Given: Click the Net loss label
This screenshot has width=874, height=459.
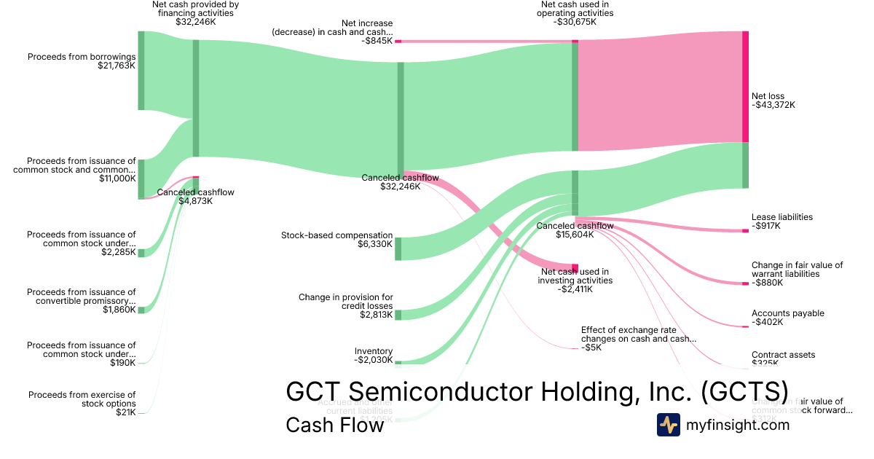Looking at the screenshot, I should pyautogui.click(x=768, y=96).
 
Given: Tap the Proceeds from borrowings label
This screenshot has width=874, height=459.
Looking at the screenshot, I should pyautogui.click(x=82, y=57).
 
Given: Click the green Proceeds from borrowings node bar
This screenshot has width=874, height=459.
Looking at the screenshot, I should pyautogui.click(x=141, y=71).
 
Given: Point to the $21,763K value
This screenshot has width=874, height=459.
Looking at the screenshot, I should pyautogui.click(x=117, y=66).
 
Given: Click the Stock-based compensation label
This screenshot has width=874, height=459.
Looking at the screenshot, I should pyautogui.click(x=336, y=235).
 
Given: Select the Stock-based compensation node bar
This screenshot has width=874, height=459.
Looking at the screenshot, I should pyautogui.click(x=398, y=248).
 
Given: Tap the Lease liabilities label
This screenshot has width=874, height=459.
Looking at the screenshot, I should pyautogui.click(x=782, y=217).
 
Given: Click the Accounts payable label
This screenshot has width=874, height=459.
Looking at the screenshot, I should pyautogui.click(x=787, y=313).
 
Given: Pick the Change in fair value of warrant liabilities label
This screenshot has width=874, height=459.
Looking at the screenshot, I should pyautogui.click(x=797, y=270).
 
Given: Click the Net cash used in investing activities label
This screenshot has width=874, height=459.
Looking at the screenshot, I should pyautogui.click(x=575, y=276).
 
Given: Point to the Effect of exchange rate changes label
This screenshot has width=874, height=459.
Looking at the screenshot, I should pyautogui.click(x=638, y=334).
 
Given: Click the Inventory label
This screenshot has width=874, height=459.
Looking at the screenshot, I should pyautogui.click(x=374, y=351).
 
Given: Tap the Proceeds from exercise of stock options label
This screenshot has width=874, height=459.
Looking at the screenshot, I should pyautogui.click(x=82, y=399).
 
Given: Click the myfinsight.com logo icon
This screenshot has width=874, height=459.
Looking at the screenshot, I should pyautogui.click(x=668, y=425).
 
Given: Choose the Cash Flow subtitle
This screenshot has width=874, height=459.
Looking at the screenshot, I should pyautogui.click(x=334, y=425).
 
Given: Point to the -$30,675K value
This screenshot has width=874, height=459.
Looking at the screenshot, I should pyautogui.click(x=575, y=22).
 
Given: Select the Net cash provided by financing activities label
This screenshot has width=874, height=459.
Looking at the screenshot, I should pyautogui.click(x=195, y=9).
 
